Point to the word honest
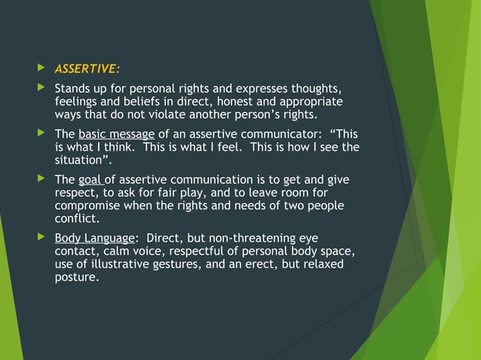tap(252, 102)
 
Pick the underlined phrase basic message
tap(117, 134)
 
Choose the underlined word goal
tap(90, 179)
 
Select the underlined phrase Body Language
tap(94, 237)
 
